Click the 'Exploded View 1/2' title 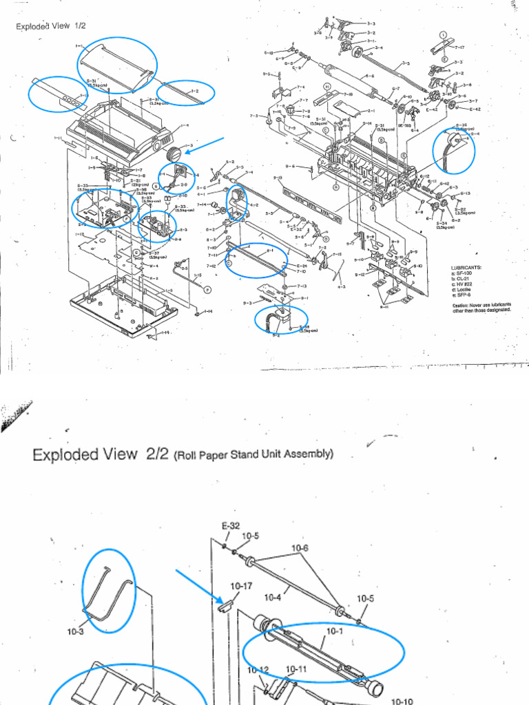(49, 27)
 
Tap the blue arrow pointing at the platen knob (207, 146)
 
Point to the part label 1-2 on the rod (194, 91)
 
